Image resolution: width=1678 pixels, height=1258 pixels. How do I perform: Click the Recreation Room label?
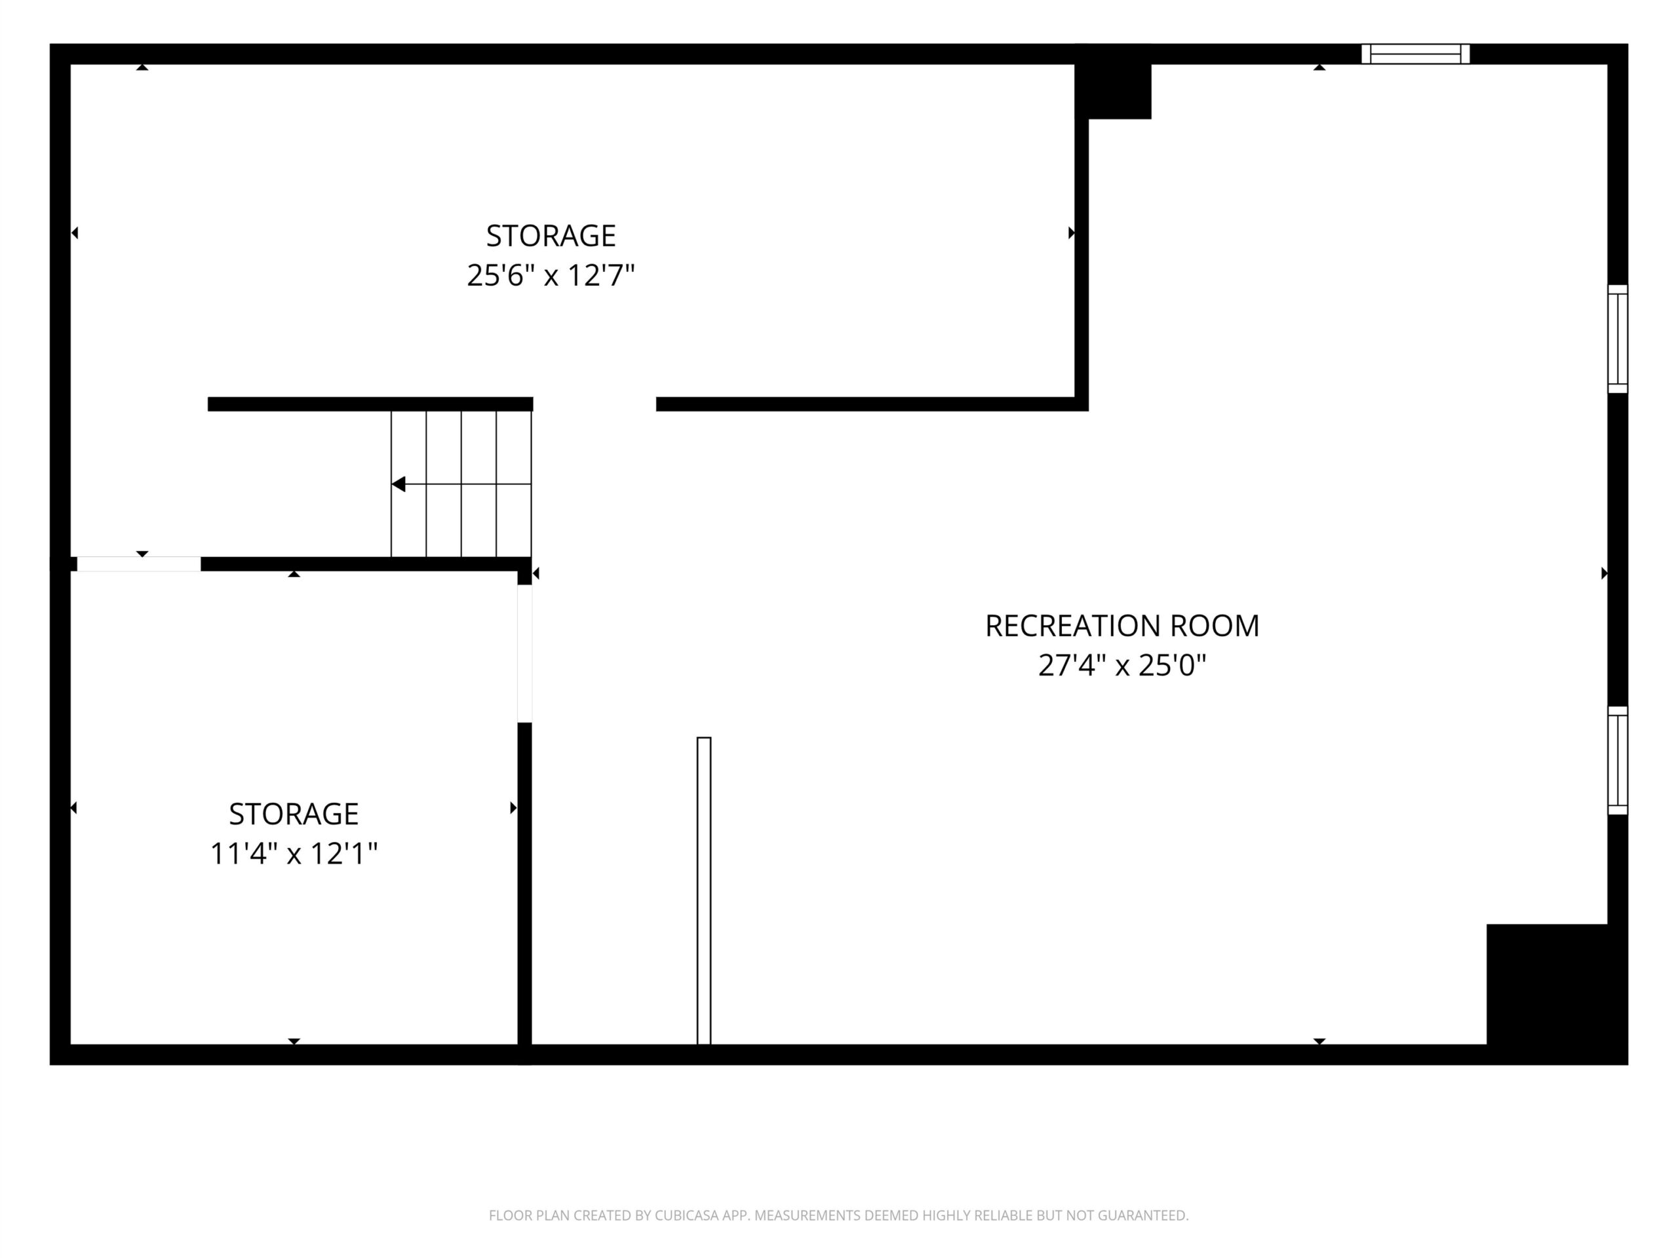1122,626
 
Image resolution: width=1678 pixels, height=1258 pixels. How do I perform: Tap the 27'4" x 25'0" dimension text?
1122,665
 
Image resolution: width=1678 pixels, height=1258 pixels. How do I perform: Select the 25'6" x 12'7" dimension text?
551,275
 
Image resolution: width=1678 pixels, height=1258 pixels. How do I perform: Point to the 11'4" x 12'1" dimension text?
294,853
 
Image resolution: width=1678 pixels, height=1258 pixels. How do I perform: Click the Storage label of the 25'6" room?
551,236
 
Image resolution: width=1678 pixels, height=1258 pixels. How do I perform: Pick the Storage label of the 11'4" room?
294,814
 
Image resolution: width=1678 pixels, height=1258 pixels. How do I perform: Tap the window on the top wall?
1416,54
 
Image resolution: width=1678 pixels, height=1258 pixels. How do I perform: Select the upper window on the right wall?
1617,339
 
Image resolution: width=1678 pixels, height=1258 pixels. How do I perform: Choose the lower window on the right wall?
1617,761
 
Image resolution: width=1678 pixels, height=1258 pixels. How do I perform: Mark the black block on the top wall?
1114,81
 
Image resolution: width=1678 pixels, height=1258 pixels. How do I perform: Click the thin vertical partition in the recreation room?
704,890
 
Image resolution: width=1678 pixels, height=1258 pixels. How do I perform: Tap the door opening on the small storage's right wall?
525,654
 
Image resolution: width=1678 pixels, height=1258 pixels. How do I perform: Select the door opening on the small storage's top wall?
139,564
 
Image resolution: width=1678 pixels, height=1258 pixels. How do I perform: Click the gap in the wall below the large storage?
595,404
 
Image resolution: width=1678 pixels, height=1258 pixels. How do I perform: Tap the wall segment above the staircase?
370,404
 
